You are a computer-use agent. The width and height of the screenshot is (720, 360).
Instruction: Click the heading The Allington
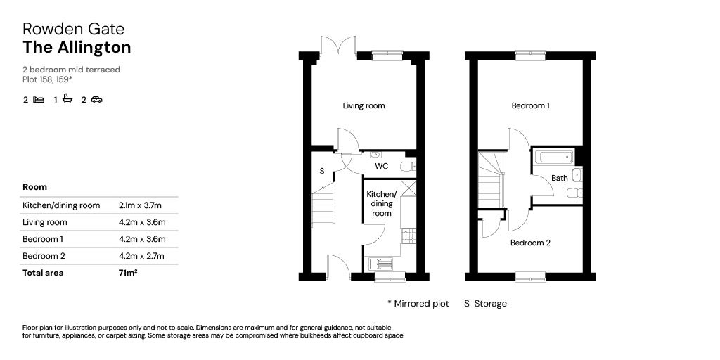[x=77, y=47]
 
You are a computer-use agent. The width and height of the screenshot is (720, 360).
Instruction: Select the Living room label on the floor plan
[x=364, y=106]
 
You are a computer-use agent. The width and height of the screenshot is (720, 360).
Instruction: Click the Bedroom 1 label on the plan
[x=530, y=106]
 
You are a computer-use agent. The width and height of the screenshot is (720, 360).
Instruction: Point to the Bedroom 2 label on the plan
[x=530, y=243]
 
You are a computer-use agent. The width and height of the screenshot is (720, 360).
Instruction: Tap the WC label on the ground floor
[x=382, y=167]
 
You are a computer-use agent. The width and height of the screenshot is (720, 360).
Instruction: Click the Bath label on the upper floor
[x=559, y=178]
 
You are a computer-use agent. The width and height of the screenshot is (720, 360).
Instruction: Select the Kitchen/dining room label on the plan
[x=381, y=203]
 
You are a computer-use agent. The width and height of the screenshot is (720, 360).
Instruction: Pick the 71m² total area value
[x=128, y=273]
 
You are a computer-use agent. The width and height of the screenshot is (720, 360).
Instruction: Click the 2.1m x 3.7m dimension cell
[x=140, y=205]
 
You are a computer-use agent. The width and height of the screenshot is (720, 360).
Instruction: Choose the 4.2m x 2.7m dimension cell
[x=141, y=256]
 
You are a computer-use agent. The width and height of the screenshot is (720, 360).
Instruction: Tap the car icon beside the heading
[x=97, y=100]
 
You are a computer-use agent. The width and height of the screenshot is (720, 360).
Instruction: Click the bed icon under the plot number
[x=39, y=100]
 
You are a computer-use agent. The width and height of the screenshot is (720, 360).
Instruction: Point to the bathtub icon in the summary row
[x=67, y=99]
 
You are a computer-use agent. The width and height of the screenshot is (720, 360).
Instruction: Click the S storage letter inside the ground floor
[x=322, y=171]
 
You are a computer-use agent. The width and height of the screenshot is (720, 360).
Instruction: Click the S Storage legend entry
[x=485, y=304]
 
